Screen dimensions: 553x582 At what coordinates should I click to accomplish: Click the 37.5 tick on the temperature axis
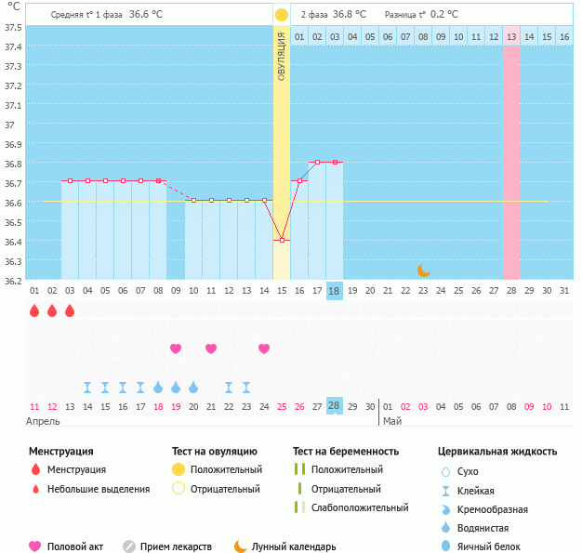pyautogui.click(x=13, y=27)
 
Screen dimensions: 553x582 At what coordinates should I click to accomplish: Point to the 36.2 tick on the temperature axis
pyautogui.click(x=13, y=280)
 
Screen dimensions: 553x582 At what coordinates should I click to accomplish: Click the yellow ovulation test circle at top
pyautogui.click(x=281, y=15)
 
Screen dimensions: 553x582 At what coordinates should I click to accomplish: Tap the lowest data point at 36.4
pyautogui.click(x=282, y=241)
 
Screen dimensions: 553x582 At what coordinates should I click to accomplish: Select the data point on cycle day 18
pyautogui.click(x=335, y=162)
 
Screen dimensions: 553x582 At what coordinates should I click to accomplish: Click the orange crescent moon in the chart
pyautogui.click(x=423, y=270)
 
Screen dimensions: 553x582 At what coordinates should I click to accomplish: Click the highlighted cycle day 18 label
pyautogui.click(x=335, y=291)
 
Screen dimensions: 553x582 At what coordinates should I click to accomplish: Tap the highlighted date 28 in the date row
pyautogui.click(x=335, y=406)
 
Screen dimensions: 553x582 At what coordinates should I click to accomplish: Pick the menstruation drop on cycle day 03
pyautogui.click(x=70, y=310)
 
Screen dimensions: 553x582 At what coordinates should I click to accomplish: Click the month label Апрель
pyautogui.click(x=44, y=421)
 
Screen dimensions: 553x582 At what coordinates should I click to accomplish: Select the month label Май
pyautogui.click(x=393, y=421)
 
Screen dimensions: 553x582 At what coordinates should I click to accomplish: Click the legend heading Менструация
pyautogui.click(x=60, y=451)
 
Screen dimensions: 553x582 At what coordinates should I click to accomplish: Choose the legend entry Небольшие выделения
pyautogui.click(x=99, y=489)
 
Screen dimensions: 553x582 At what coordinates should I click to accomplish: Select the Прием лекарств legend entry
pyautogui.click(x=176, y=547)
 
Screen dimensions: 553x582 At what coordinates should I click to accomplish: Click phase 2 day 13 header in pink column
pyautogui.click(x=511, y=36)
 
